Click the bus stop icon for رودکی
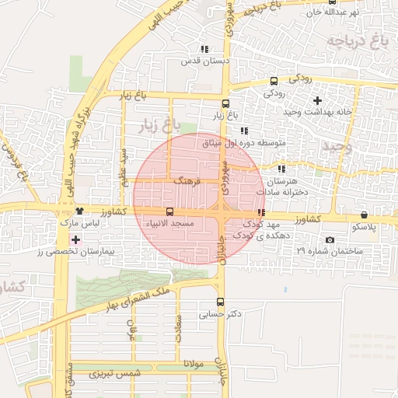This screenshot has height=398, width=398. pos(273,81)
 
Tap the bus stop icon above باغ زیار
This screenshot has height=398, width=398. pos(225,103)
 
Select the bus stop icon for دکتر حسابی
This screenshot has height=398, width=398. pos(219,302)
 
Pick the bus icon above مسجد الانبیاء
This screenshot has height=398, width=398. pos(170,211)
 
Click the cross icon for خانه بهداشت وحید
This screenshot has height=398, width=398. pos(317,100)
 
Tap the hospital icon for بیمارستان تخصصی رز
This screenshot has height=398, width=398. pos(75,239)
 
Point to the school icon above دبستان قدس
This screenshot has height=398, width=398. pos(204,49)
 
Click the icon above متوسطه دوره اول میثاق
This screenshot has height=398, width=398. pos(244,131)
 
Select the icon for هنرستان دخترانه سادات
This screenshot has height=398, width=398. pos(281,168)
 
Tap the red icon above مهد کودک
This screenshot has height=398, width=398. pos(261,211)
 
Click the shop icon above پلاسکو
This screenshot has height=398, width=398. pos(365,215)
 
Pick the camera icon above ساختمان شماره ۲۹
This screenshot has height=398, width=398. pos(330,239)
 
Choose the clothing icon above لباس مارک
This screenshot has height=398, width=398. pos(80,211)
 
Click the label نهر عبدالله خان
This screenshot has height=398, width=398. pos(335,13)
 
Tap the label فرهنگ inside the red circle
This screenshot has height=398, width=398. pos(188,180)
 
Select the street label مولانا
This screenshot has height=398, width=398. pos(194,362)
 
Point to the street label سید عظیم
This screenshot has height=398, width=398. pos(122,162)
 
